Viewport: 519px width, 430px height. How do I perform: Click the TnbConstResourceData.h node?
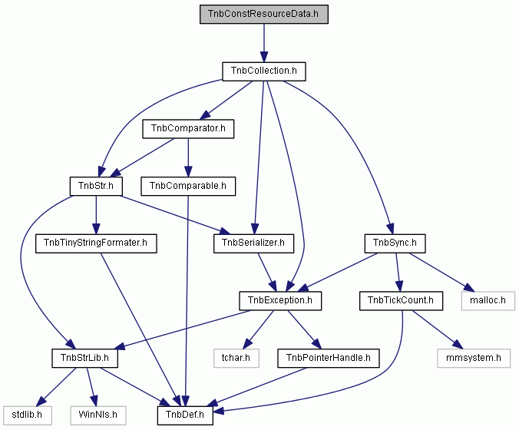pyautogui.click(x=264, y=15)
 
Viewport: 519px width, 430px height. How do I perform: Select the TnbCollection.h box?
pyautogui.click(x=264, y=71)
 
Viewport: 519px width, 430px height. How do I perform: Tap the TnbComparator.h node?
pyautogui.click(x=188, y=129)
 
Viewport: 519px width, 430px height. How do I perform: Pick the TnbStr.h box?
pyautogui.click(x=96, y=186)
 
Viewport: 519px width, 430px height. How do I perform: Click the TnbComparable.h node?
pyautogui.click(x=188, y=186)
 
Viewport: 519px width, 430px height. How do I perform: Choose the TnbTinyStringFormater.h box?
pyautogui.click(x=96, y=243)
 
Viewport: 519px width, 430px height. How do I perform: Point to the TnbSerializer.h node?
pyautogui.click(x=253, y=243)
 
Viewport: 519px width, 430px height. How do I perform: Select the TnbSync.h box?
pyautogui.click(x=395, y=243)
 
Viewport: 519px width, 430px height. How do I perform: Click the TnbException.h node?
pyautogui.click(x=280, y=301)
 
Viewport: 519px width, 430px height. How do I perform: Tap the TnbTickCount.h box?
pyautogui.click(x=401, y=301)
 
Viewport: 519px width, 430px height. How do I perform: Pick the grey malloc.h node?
pyautogui.click(x=488, y=301)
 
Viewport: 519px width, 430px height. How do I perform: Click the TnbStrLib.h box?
pyautogui.click(x=84, y=358)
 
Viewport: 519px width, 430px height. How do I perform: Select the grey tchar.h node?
pyautogui.click(x=236, y=358)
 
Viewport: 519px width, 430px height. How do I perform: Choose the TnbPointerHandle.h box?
pyautogui.click(x=329, y=358)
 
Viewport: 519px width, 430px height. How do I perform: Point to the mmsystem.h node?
pyautogui.click(x=474, y=358)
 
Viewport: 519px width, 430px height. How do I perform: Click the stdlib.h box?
pyautogui.click(x=27, y=415)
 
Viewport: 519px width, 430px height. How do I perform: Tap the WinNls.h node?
pyautogui.click(x=98, y=415)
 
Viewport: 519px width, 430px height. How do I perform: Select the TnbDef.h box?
pyautogui.click(x=185, y=415)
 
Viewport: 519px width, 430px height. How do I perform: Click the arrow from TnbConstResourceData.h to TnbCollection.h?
pyautogui.click(x=264, y=43)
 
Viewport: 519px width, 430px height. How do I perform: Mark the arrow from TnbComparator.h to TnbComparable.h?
pyautogui.click(x=188, y=157)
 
